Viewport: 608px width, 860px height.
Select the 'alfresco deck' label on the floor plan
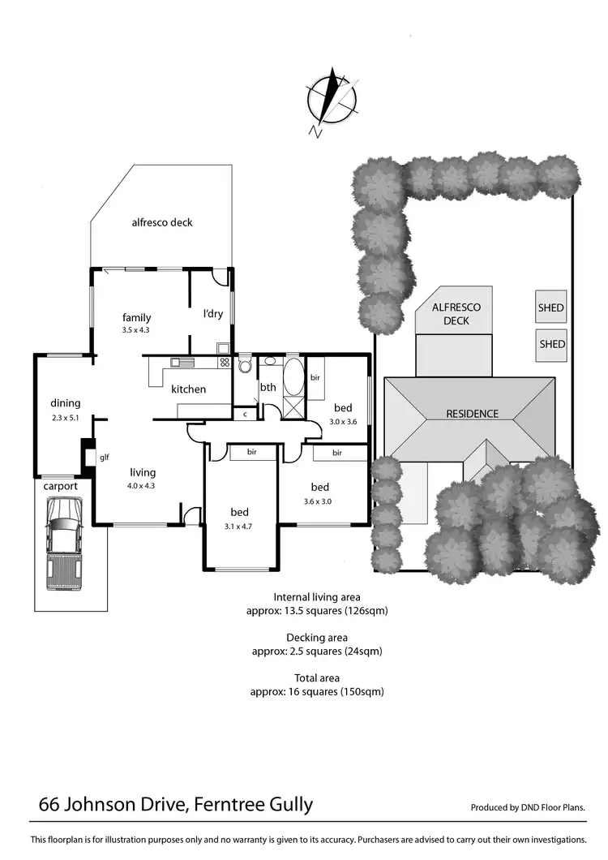click(x=162, y=222)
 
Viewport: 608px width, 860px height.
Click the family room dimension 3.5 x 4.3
click(x=136, y=330)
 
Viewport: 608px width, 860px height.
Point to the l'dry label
click(x=212, y=314)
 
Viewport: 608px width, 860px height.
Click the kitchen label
click(x=188, y=389)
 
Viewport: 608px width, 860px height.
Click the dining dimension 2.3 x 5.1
click(x=66, y=419)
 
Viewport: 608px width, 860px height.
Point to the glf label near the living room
click(x=104, y=458)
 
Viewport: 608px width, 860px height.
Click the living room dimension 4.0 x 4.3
click(x=143, y=486)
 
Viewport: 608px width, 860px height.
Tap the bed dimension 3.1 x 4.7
click(x=239, y=525)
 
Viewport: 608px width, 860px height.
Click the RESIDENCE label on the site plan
click(x=473, y=414)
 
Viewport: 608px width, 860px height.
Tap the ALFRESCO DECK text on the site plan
click(x=456, y=314)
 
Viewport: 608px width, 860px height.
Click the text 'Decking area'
click(x=317, y=638)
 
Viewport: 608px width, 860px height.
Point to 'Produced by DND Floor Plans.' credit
click(x=528, y=807)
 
